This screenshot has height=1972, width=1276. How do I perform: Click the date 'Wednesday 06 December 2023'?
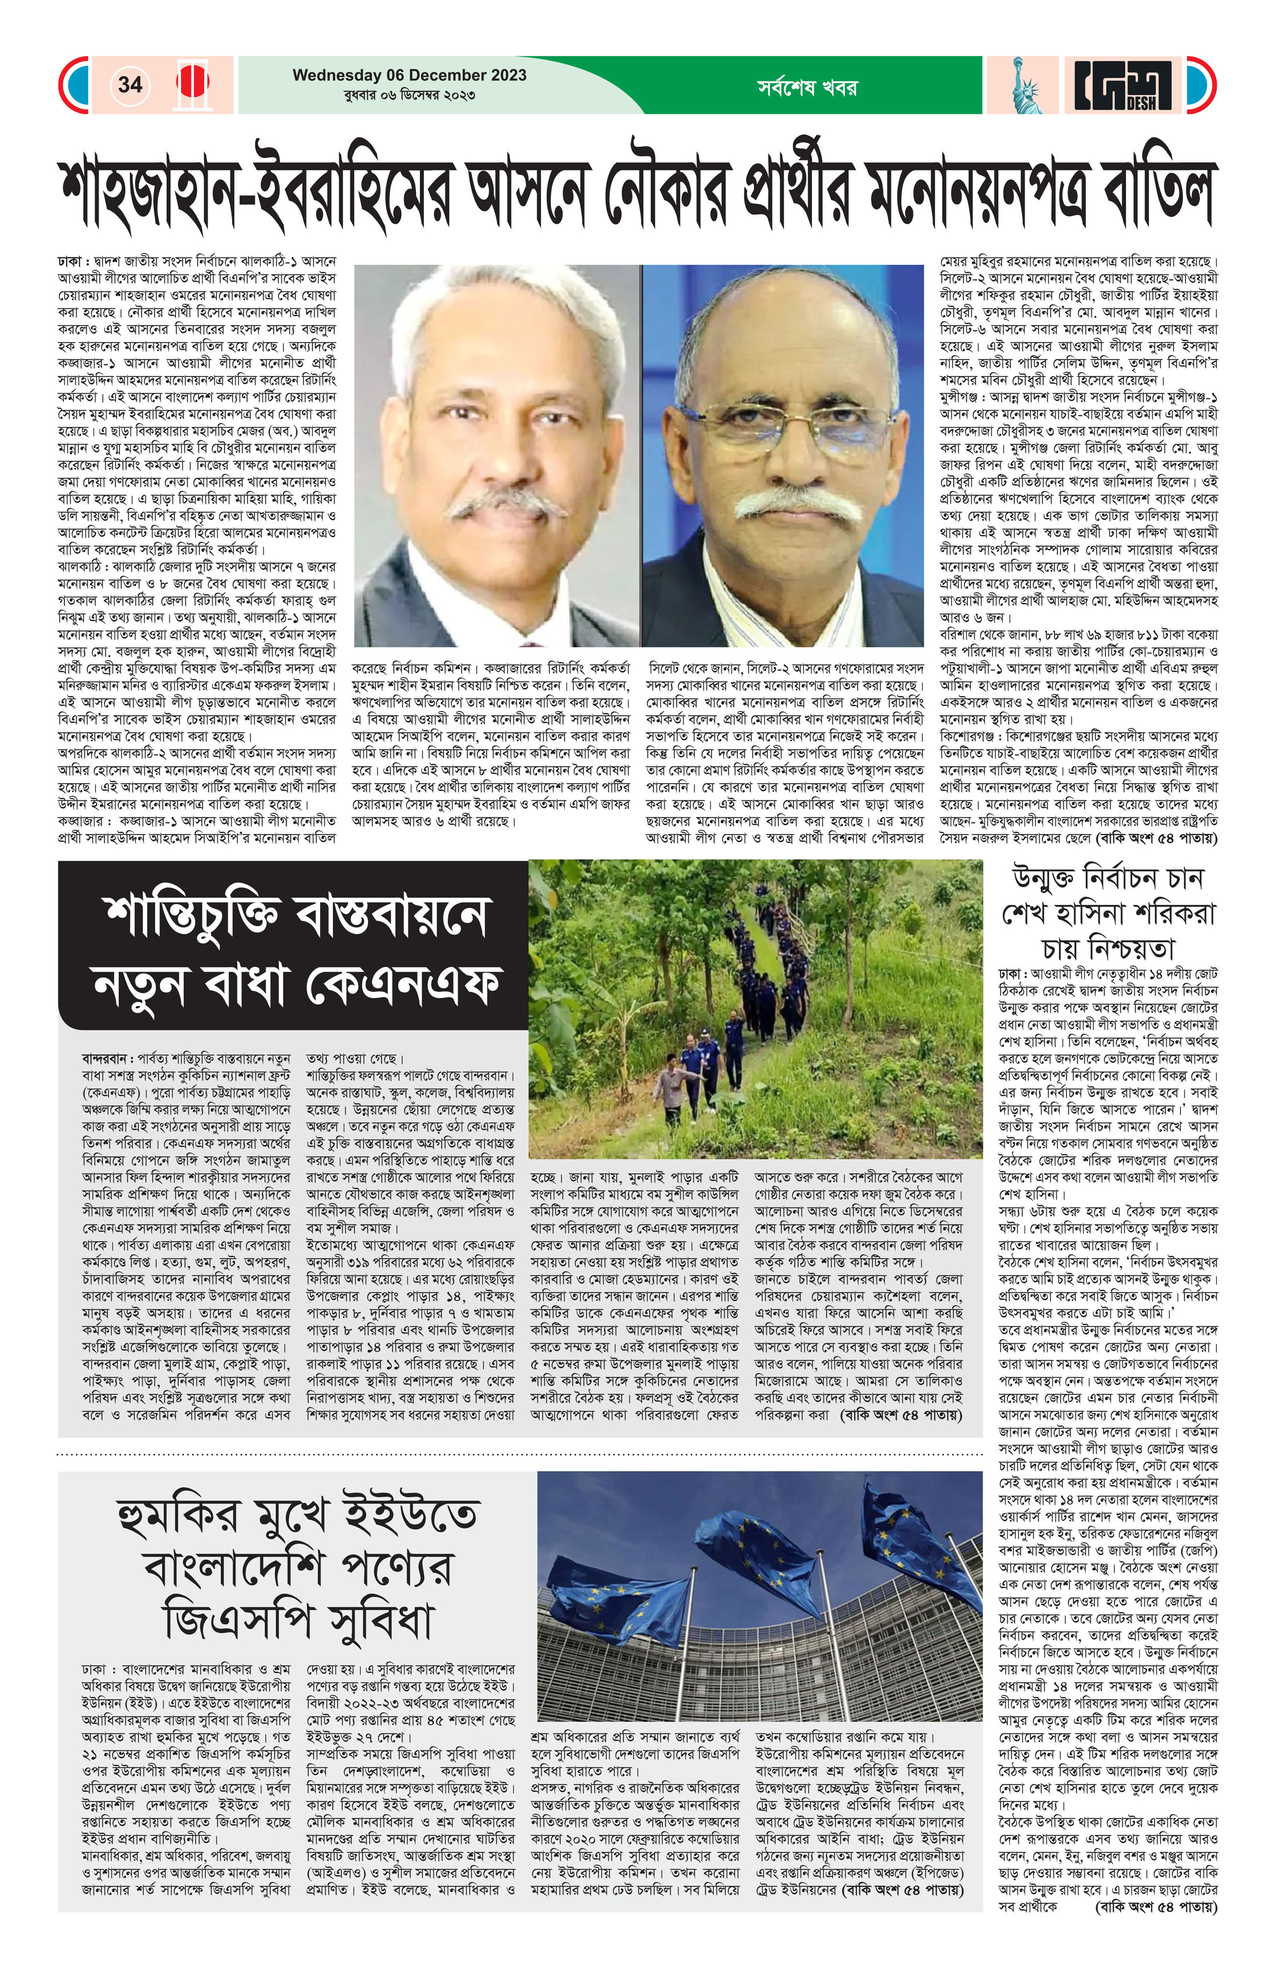click(409, 75)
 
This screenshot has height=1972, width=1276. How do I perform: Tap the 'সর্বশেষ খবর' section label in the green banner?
click(806, 86)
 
